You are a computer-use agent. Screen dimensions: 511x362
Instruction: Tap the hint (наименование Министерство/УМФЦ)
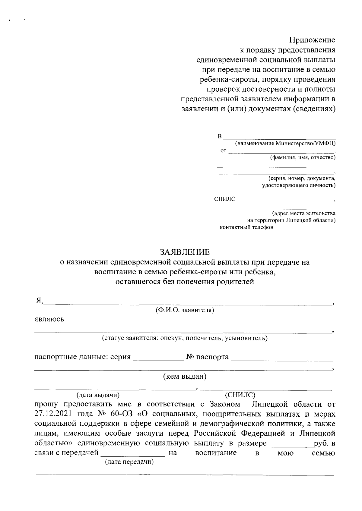285,144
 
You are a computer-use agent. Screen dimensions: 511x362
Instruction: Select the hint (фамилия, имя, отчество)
303,157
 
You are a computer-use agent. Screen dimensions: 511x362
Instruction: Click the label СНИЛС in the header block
224,199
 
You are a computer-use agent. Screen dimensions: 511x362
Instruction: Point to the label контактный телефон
246,227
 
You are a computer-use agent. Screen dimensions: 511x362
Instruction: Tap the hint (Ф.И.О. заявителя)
185,310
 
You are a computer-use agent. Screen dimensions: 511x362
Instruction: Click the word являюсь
49,319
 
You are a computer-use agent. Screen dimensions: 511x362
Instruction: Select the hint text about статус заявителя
185,338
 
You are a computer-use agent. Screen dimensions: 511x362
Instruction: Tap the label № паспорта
207,357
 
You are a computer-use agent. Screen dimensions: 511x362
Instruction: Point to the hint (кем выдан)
185,376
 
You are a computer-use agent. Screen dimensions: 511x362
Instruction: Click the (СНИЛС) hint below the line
240,395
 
